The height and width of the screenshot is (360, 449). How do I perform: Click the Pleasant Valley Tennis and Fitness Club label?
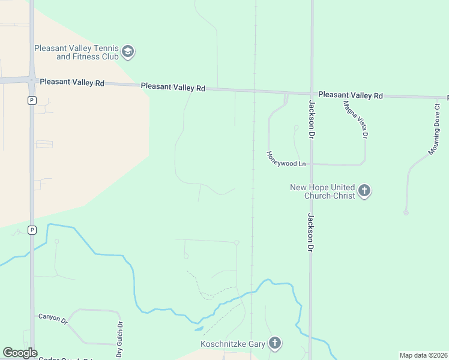[76, 52]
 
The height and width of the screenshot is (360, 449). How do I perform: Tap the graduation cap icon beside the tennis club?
[127, 52]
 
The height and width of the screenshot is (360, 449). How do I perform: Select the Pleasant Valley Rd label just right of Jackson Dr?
[351, 95]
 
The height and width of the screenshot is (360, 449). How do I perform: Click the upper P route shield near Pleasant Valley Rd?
[32, 100]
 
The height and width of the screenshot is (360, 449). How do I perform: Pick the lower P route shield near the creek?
[32, 229]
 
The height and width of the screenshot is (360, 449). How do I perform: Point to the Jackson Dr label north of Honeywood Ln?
[312, 119]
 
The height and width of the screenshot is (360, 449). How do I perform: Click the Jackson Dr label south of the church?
[310, 232]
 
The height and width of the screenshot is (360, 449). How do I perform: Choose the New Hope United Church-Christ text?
[322, 191]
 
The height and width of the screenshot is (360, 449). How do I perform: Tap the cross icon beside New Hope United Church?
[364, 191]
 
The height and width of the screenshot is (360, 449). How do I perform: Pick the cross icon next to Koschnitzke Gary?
[275, 343]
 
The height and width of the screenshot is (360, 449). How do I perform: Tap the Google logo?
[20, 353]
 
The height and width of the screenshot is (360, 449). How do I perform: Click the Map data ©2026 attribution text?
[424, 355]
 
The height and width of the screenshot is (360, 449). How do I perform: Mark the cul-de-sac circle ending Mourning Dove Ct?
[406, 212]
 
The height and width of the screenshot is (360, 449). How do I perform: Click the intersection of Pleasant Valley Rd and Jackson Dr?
[312, 94]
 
